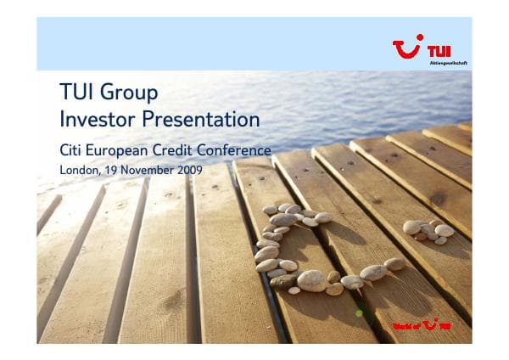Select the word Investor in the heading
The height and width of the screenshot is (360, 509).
[x=93, y=118]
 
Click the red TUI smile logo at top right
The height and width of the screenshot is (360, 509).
[x=408, y=48]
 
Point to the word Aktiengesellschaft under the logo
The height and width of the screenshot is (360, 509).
[x=449, y=63]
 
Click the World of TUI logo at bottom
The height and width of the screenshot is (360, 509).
[x=421, y=325]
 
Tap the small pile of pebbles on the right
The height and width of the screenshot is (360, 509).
[x=428, y=230]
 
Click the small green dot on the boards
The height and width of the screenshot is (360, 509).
[x=359, y=313]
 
